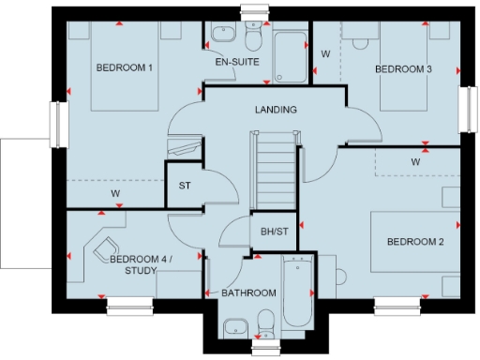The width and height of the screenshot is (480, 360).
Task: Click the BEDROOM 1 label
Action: (x=125, y=68)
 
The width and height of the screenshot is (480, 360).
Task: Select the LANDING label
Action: (x=276, y=110)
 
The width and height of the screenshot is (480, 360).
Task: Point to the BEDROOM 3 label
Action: (x=403, y=68)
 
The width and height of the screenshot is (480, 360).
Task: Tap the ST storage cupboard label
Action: (x=185, y=186)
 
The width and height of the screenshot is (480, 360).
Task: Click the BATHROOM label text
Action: (x=248, y=293)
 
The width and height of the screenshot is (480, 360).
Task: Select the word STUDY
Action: (x=141, y=271)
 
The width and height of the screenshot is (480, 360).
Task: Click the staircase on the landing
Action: (x=275, y=159)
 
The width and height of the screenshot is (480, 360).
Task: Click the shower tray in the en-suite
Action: (x=290, y=57)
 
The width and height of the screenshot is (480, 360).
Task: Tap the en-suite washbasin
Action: (x=221, y=36)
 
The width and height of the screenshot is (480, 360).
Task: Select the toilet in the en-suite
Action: (x=253, y=34)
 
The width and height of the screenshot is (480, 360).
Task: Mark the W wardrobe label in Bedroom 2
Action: (x=414, y=161)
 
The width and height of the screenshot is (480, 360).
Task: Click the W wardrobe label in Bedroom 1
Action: (x=115, y=193)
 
